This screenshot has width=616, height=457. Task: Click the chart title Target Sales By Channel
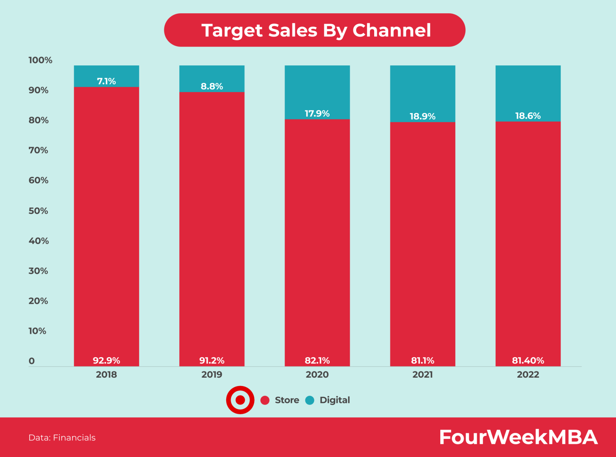tap(316, 30)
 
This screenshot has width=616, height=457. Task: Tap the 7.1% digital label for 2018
tap(106, 81)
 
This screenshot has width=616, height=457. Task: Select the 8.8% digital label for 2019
tap(212, 87)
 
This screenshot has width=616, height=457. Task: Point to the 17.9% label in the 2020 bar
tap(317, 114)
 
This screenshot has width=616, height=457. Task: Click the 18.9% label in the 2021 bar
tap(422, 117)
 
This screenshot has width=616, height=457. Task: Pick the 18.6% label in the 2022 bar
tap(528, 116)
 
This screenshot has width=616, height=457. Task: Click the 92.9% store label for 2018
tap(106, 360)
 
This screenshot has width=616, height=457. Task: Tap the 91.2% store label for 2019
tap(212, 360)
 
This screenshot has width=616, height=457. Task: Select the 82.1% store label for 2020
tap(317, 360)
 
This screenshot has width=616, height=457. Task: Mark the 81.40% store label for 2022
tap(528, 360)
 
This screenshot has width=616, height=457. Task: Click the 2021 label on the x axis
tap(422, 375)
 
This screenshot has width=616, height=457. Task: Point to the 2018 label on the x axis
tap(106, 375)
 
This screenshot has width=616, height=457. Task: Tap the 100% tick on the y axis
tap(40, 60)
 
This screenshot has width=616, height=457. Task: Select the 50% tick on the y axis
tap(38, 211)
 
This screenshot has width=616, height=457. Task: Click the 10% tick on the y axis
tap(37, 331)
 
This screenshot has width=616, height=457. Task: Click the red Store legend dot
tap(265, 400)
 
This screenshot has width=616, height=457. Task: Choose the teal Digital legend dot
tap(310, 400)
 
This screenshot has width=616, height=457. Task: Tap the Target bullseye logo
tap(240, 400)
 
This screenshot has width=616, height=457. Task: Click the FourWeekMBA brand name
tap(518, 437)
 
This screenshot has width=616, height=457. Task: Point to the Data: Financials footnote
tap(62, 438)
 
